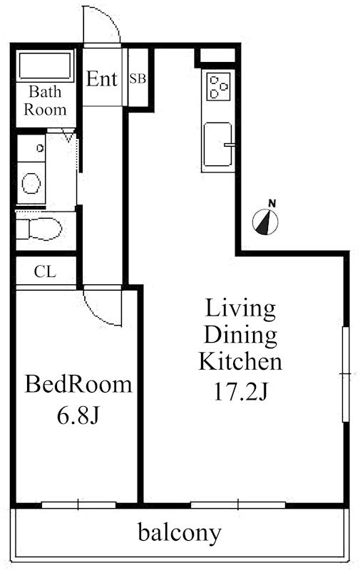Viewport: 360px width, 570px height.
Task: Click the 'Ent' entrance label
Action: click(102, 78)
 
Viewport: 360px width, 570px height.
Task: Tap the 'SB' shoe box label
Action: click(138, 78)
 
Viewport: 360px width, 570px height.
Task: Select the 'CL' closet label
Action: click(45, 271)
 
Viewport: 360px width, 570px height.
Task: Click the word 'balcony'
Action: click(180, 534)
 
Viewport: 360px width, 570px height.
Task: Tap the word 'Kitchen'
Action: click(240, 362)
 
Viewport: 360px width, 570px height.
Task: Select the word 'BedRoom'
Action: click(78, 385)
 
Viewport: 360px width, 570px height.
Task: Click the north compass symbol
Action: click(266, 219)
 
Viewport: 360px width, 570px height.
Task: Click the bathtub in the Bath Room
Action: click(45, 66)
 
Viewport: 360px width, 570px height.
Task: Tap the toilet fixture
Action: click(39, 229)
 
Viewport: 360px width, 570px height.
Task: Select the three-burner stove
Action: click(218, 86)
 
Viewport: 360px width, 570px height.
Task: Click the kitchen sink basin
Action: click(217, 145)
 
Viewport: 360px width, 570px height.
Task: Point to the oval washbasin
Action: click(31, 183)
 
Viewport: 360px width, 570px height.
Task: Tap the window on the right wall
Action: click(346, 374)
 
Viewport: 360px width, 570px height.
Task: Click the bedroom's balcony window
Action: click(78, 505)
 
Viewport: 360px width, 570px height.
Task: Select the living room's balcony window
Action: click(238, 505)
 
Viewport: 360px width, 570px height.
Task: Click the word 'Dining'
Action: click(240, 336)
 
